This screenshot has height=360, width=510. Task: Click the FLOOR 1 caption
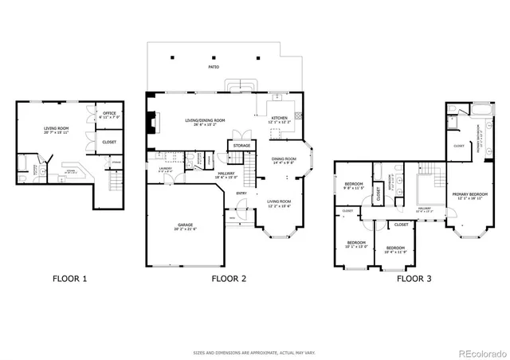[x=69, y=279]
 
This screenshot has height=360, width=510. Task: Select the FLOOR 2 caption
[x=229, y=279]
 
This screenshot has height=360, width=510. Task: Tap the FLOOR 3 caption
[x=414, y=279]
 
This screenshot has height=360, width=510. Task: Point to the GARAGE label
[x=186, y=226]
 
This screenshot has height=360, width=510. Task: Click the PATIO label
[x=214, y=67]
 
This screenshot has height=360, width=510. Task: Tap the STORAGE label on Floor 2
[x=240, y=146]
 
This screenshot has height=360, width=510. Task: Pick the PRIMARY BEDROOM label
[x=469, y=194]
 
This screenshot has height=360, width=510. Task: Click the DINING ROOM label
[x=284, y=159]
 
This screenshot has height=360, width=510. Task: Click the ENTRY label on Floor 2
[x=241, y=192]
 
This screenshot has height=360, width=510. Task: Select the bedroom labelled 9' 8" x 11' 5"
[x=354, y=186]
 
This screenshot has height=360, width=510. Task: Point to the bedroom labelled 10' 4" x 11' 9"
[x=395, y=249]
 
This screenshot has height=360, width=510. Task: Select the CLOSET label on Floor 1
[x=109, y=142]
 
